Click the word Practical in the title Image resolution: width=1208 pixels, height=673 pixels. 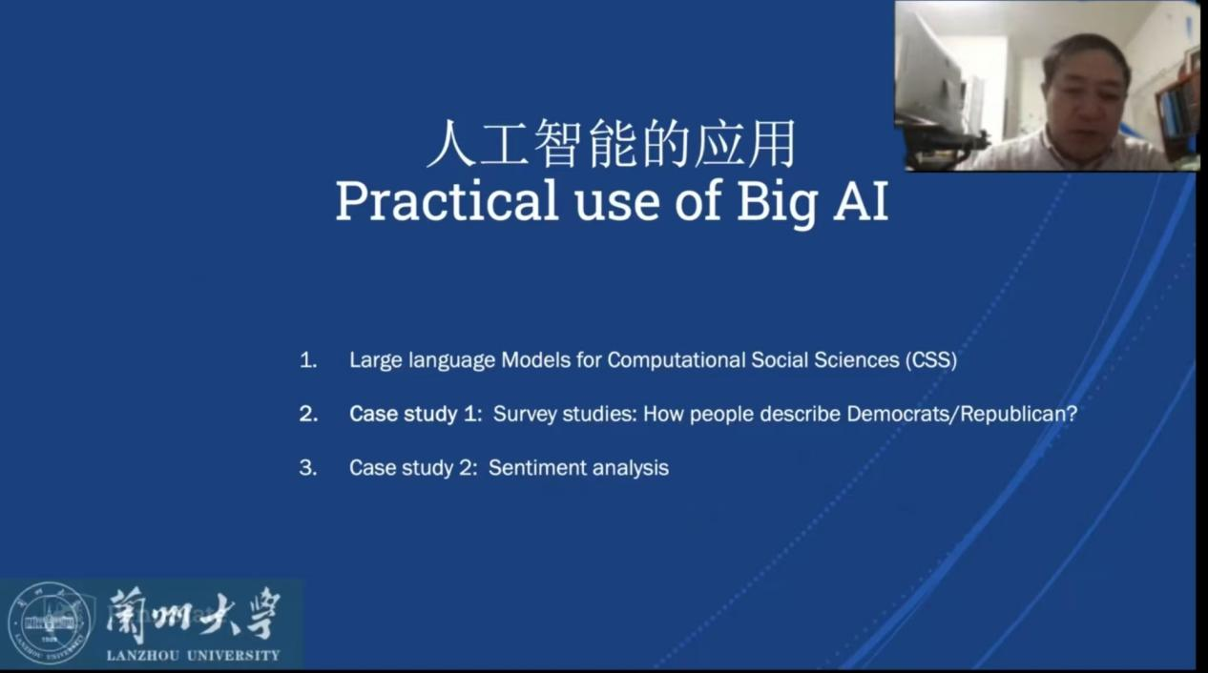click(x=447, y=200)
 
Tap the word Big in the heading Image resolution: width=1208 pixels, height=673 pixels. click(x=777, y=204)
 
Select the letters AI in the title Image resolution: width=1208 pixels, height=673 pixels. click(x=861, y=200)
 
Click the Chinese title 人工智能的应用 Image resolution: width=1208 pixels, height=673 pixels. click(x=611, y=143)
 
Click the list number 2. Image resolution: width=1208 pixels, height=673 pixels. click(x=308, y=414)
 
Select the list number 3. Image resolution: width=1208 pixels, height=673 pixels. click(x=308, y=468)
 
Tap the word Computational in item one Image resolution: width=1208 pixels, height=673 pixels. click(x=677, y=360)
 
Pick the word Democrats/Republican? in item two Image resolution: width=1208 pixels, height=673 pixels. click(x=962, y=414)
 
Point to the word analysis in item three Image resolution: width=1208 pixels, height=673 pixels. click(x=631, y=468)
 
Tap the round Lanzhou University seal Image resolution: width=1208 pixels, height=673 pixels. click(x=50, y=623)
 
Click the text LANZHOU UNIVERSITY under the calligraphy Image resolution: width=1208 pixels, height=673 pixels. click(x=193, y=656)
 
